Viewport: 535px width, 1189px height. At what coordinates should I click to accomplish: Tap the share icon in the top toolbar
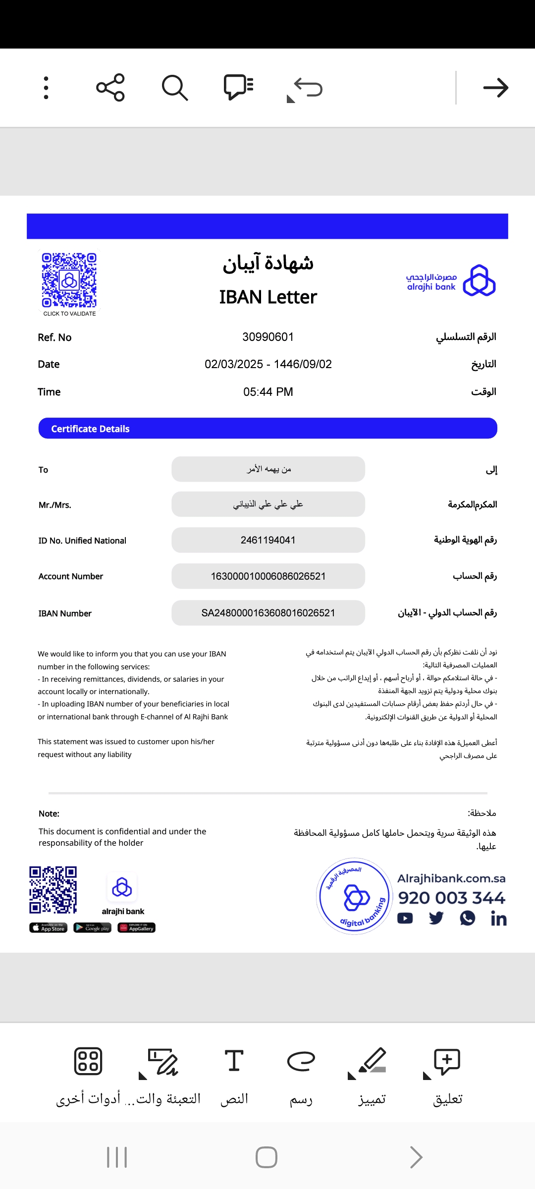coord(110,88)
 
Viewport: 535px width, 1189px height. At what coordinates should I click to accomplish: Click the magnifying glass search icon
coord(174,88)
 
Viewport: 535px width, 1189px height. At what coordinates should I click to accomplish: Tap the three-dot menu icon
coord(46,88)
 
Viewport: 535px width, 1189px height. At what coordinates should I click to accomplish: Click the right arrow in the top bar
coord(495,88)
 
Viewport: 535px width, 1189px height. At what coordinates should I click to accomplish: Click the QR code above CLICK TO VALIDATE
coord(69,280)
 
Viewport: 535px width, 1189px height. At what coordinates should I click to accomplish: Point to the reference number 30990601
coord(268,337)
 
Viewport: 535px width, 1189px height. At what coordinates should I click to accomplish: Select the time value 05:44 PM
coord(268,392)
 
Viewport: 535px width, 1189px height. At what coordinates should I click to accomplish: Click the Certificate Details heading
coord(90,429)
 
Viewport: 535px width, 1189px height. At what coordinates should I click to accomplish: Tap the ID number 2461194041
coord(268,540)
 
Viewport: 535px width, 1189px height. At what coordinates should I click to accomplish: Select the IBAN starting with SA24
coord(268,613)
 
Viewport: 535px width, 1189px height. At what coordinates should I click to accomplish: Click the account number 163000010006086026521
coord(268,576)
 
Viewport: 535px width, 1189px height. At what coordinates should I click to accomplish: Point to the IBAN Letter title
coord(268,297)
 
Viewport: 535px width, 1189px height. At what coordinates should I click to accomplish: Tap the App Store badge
coord(48,927)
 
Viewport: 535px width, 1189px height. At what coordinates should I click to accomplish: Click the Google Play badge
coord(92,927)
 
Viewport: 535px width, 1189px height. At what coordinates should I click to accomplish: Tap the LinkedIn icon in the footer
coord(498,919)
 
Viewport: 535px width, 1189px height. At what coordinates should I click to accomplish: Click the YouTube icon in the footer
coord(405,918)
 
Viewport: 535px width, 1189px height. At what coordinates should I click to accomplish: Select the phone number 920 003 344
coord(451,897)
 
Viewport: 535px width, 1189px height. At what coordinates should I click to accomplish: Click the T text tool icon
coord(234,1061)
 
